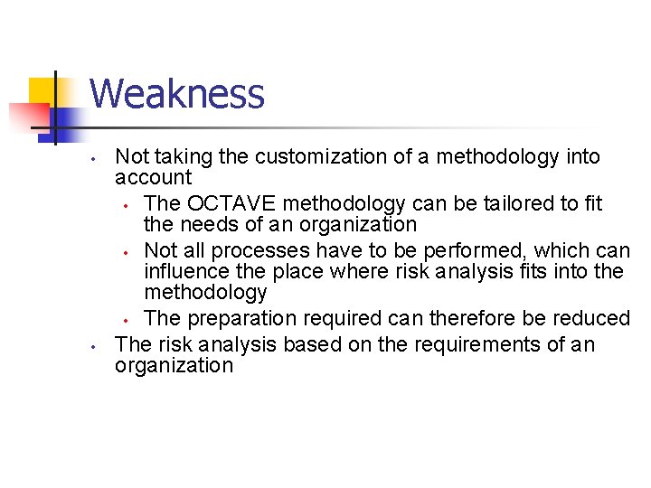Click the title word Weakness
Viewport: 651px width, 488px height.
click(177, 94)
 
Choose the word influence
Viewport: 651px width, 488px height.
click(186, 271)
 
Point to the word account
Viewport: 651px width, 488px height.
click(153, 178)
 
